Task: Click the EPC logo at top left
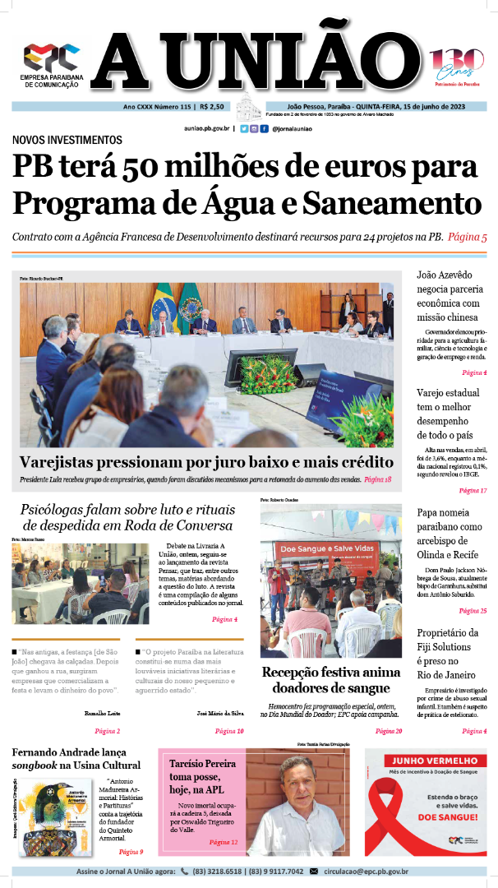pyautogui.click(x=51, y=57)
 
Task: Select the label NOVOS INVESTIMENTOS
pyautogui.click(x=67, y=140)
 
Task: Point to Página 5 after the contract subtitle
pyautogui.click(x=468, y=237)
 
